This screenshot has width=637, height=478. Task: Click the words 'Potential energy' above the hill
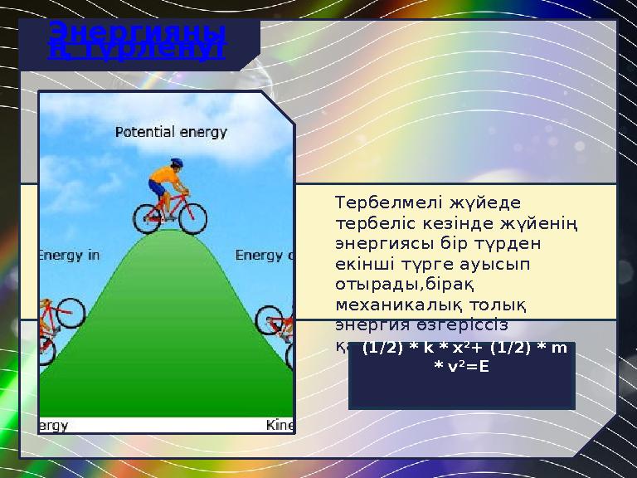[x=170, y=132]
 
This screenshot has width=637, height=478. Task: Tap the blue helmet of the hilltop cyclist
[x=177, y=163]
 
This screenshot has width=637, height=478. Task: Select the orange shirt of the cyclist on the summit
[x=164, y=178]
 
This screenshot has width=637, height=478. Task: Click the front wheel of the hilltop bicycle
[x=193, y=217]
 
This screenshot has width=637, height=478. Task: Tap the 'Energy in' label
[x=69, y=256]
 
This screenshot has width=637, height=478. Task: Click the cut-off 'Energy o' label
[x=265, y=256]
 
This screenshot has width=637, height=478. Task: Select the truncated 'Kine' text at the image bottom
[x=280, y=425]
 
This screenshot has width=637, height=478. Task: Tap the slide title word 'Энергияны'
[x=137, y=32]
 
